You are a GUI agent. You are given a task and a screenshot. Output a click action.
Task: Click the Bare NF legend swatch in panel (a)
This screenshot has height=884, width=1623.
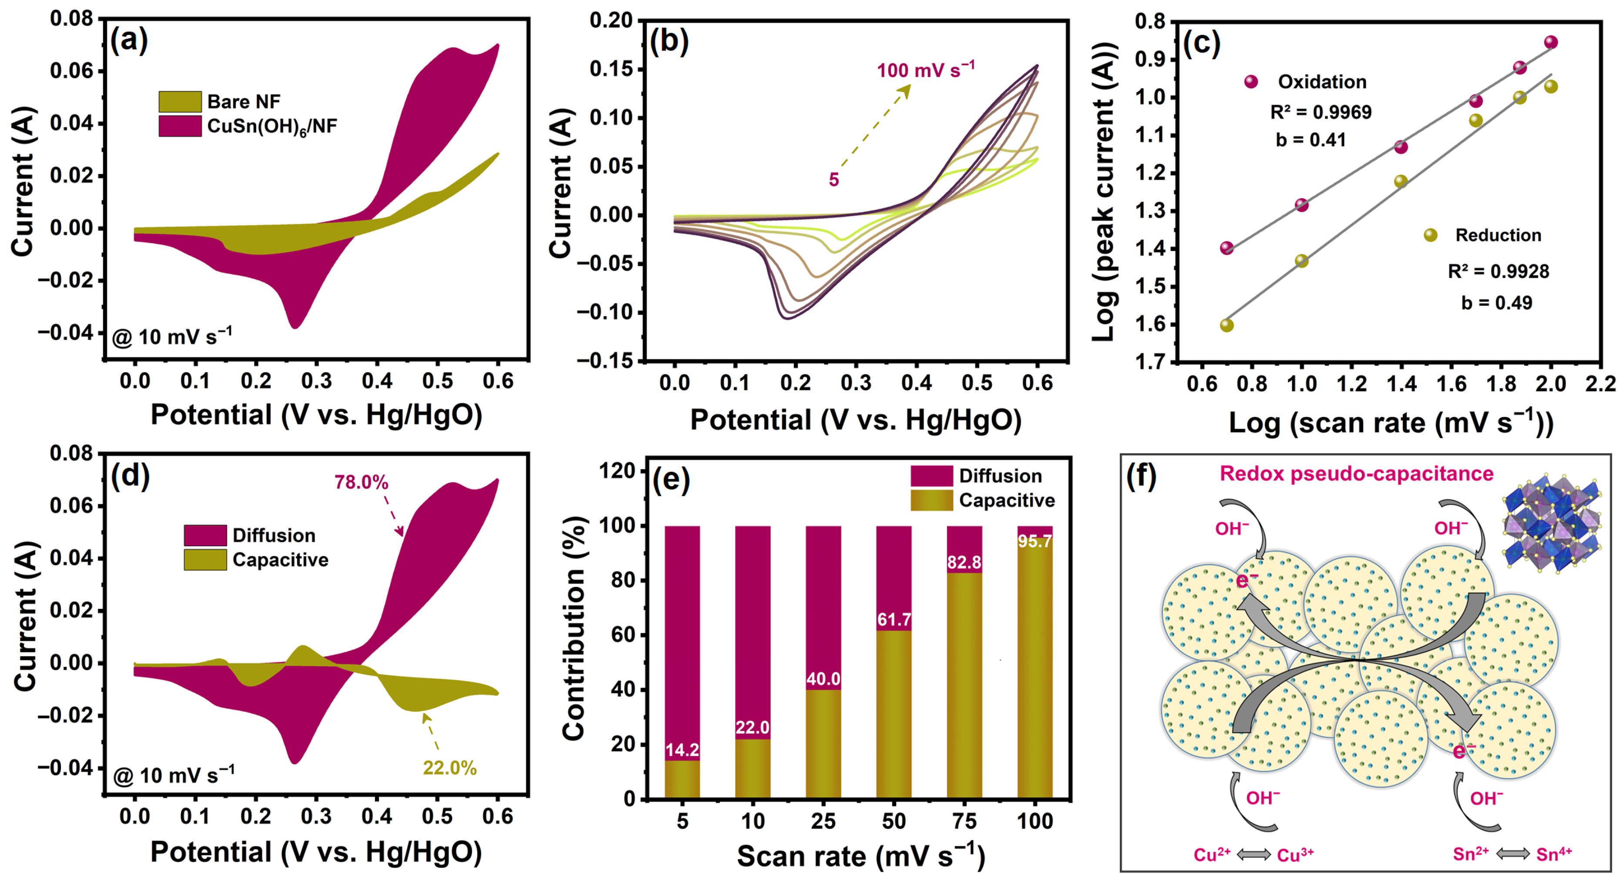tap(180, 101)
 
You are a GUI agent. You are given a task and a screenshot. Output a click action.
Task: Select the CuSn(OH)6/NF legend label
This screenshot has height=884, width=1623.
tap(272, 127)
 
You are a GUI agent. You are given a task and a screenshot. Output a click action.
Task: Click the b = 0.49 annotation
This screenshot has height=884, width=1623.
tap(1496, 303)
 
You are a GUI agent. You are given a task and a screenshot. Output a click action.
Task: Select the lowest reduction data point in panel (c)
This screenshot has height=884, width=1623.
tap(1226, 325)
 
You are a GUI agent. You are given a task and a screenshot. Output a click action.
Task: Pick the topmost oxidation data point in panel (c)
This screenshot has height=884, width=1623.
tap(1550, 42)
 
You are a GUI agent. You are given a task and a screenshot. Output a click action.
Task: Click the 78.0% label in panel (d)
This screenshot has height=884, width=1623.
tap(361, 482)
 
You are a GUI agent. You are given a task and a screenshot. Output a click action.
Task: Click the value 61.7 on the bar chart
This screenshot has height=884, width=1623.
tap(893, 620)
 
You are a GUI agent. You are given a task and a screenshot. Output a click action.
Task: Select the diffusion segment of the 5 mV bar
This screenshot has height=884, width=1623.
tap(683, 642)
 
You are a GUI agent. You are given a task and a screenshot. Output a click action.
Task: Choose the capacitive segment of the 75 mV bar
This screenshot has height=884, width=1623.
tap(964, 686)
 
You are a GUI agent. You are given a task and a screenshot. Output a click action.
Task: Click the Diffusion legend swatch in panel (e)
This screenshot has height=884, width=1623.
tap(931, 476)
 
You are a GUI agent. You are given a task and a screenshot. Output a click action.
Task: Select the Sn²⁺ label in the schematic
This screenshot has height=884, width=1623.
tap(1470, 854)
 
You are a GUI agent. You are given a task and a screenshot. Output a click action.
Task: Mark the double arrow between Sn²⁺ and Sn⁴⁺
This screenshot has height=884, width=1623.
tap(1513, 854)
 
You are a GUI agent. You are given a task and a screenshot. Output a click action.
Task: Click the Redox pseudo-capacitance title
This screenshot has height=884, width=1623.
tap(1356, 474)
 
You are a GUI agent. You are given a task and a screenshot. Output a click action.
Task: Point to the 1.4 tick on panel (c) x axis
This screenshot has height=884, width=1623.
tap(1401, 384)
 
